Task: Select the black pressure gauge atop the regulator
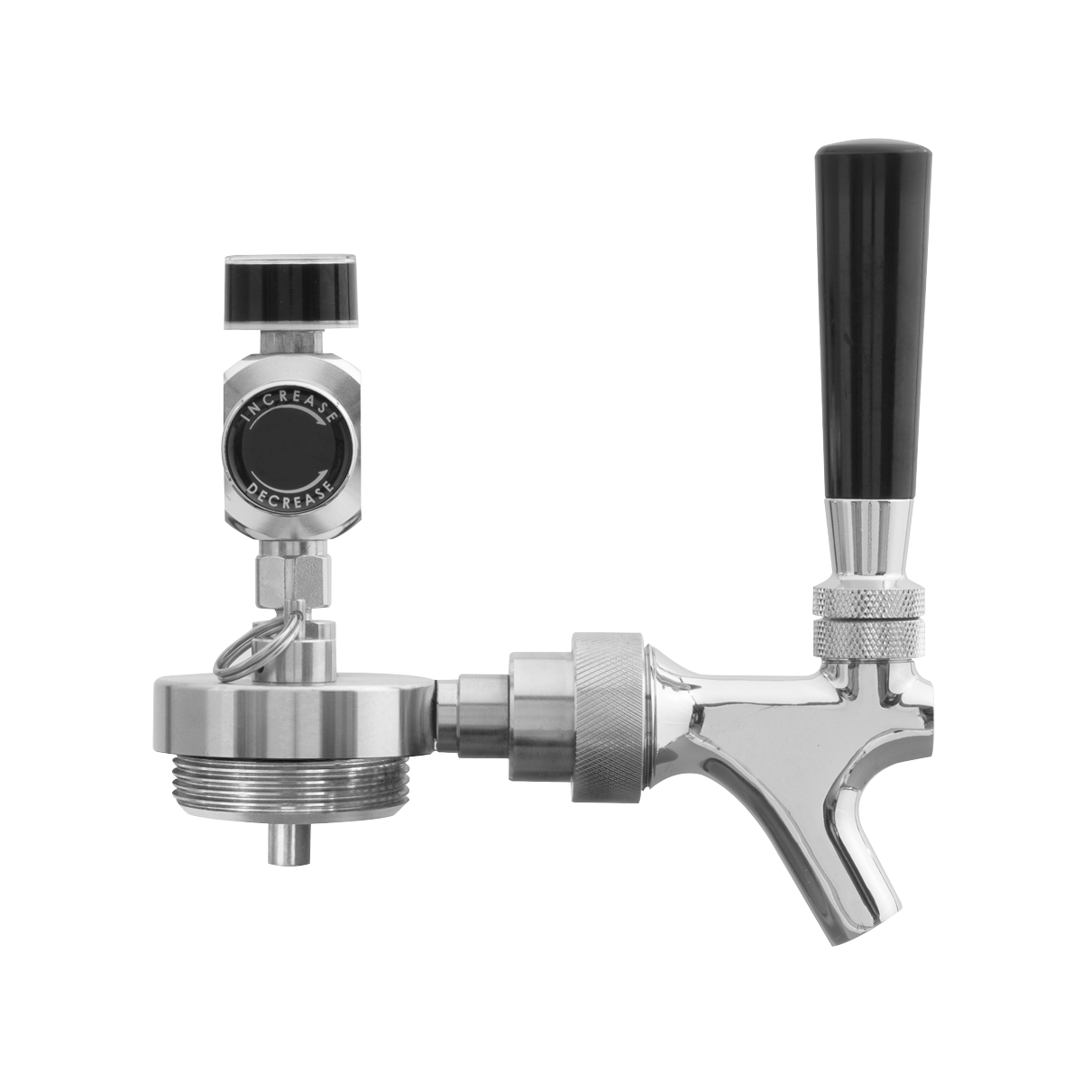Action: coord(291,292)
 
